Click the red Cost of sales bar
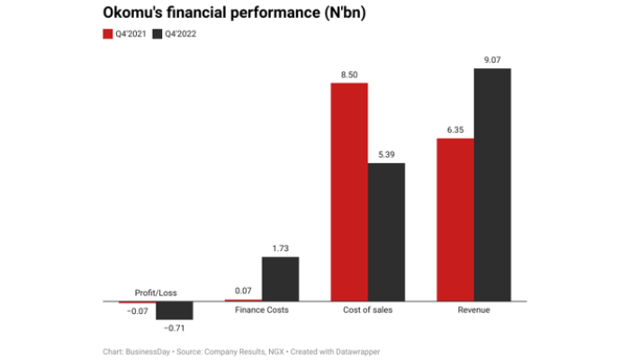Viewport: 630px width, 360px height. tap(349, 192)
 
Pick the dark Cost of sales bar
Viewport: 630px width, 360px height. tap(386, 231)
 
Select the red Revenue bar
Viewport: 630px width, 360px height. tap(454, 220)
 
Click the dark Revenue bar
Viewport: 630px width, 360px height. tap(491, 184)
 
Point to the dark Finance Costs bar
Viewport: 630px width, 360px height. tap(280, 278)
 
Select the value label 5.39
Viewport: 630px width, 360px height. tap(386, 155)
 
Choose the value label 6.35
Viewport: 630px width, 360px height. tap(454, 130)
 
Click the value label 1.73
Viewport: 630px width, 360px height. tap(280, 248)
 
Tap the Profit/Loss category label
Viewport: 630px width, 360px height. tap(155, 292)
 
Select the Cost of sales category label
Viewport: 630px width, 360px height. tap(367, 311)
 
